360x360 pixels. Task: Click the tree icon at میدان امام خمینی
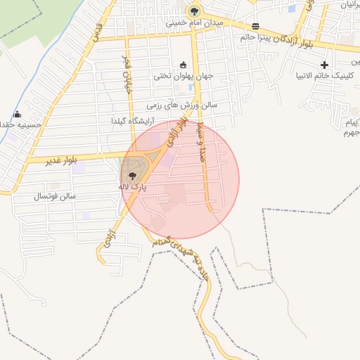[194, 11]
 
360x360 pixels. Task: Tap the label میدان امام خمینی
[194, 22]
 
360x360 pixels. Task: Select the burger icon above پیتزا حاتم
[255, 25]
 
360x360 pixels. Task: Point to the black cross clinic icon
[324, 65]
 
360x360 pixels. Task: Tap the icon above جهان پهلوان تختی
[184, 64]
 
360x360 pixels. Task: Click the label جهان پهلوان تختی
[184, 75]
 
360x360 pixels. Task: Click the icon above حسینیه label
[18, 115]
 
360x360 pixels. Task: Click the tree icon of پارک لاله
[133, 176]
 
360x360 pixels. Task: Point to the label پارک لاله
[133, 188]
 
